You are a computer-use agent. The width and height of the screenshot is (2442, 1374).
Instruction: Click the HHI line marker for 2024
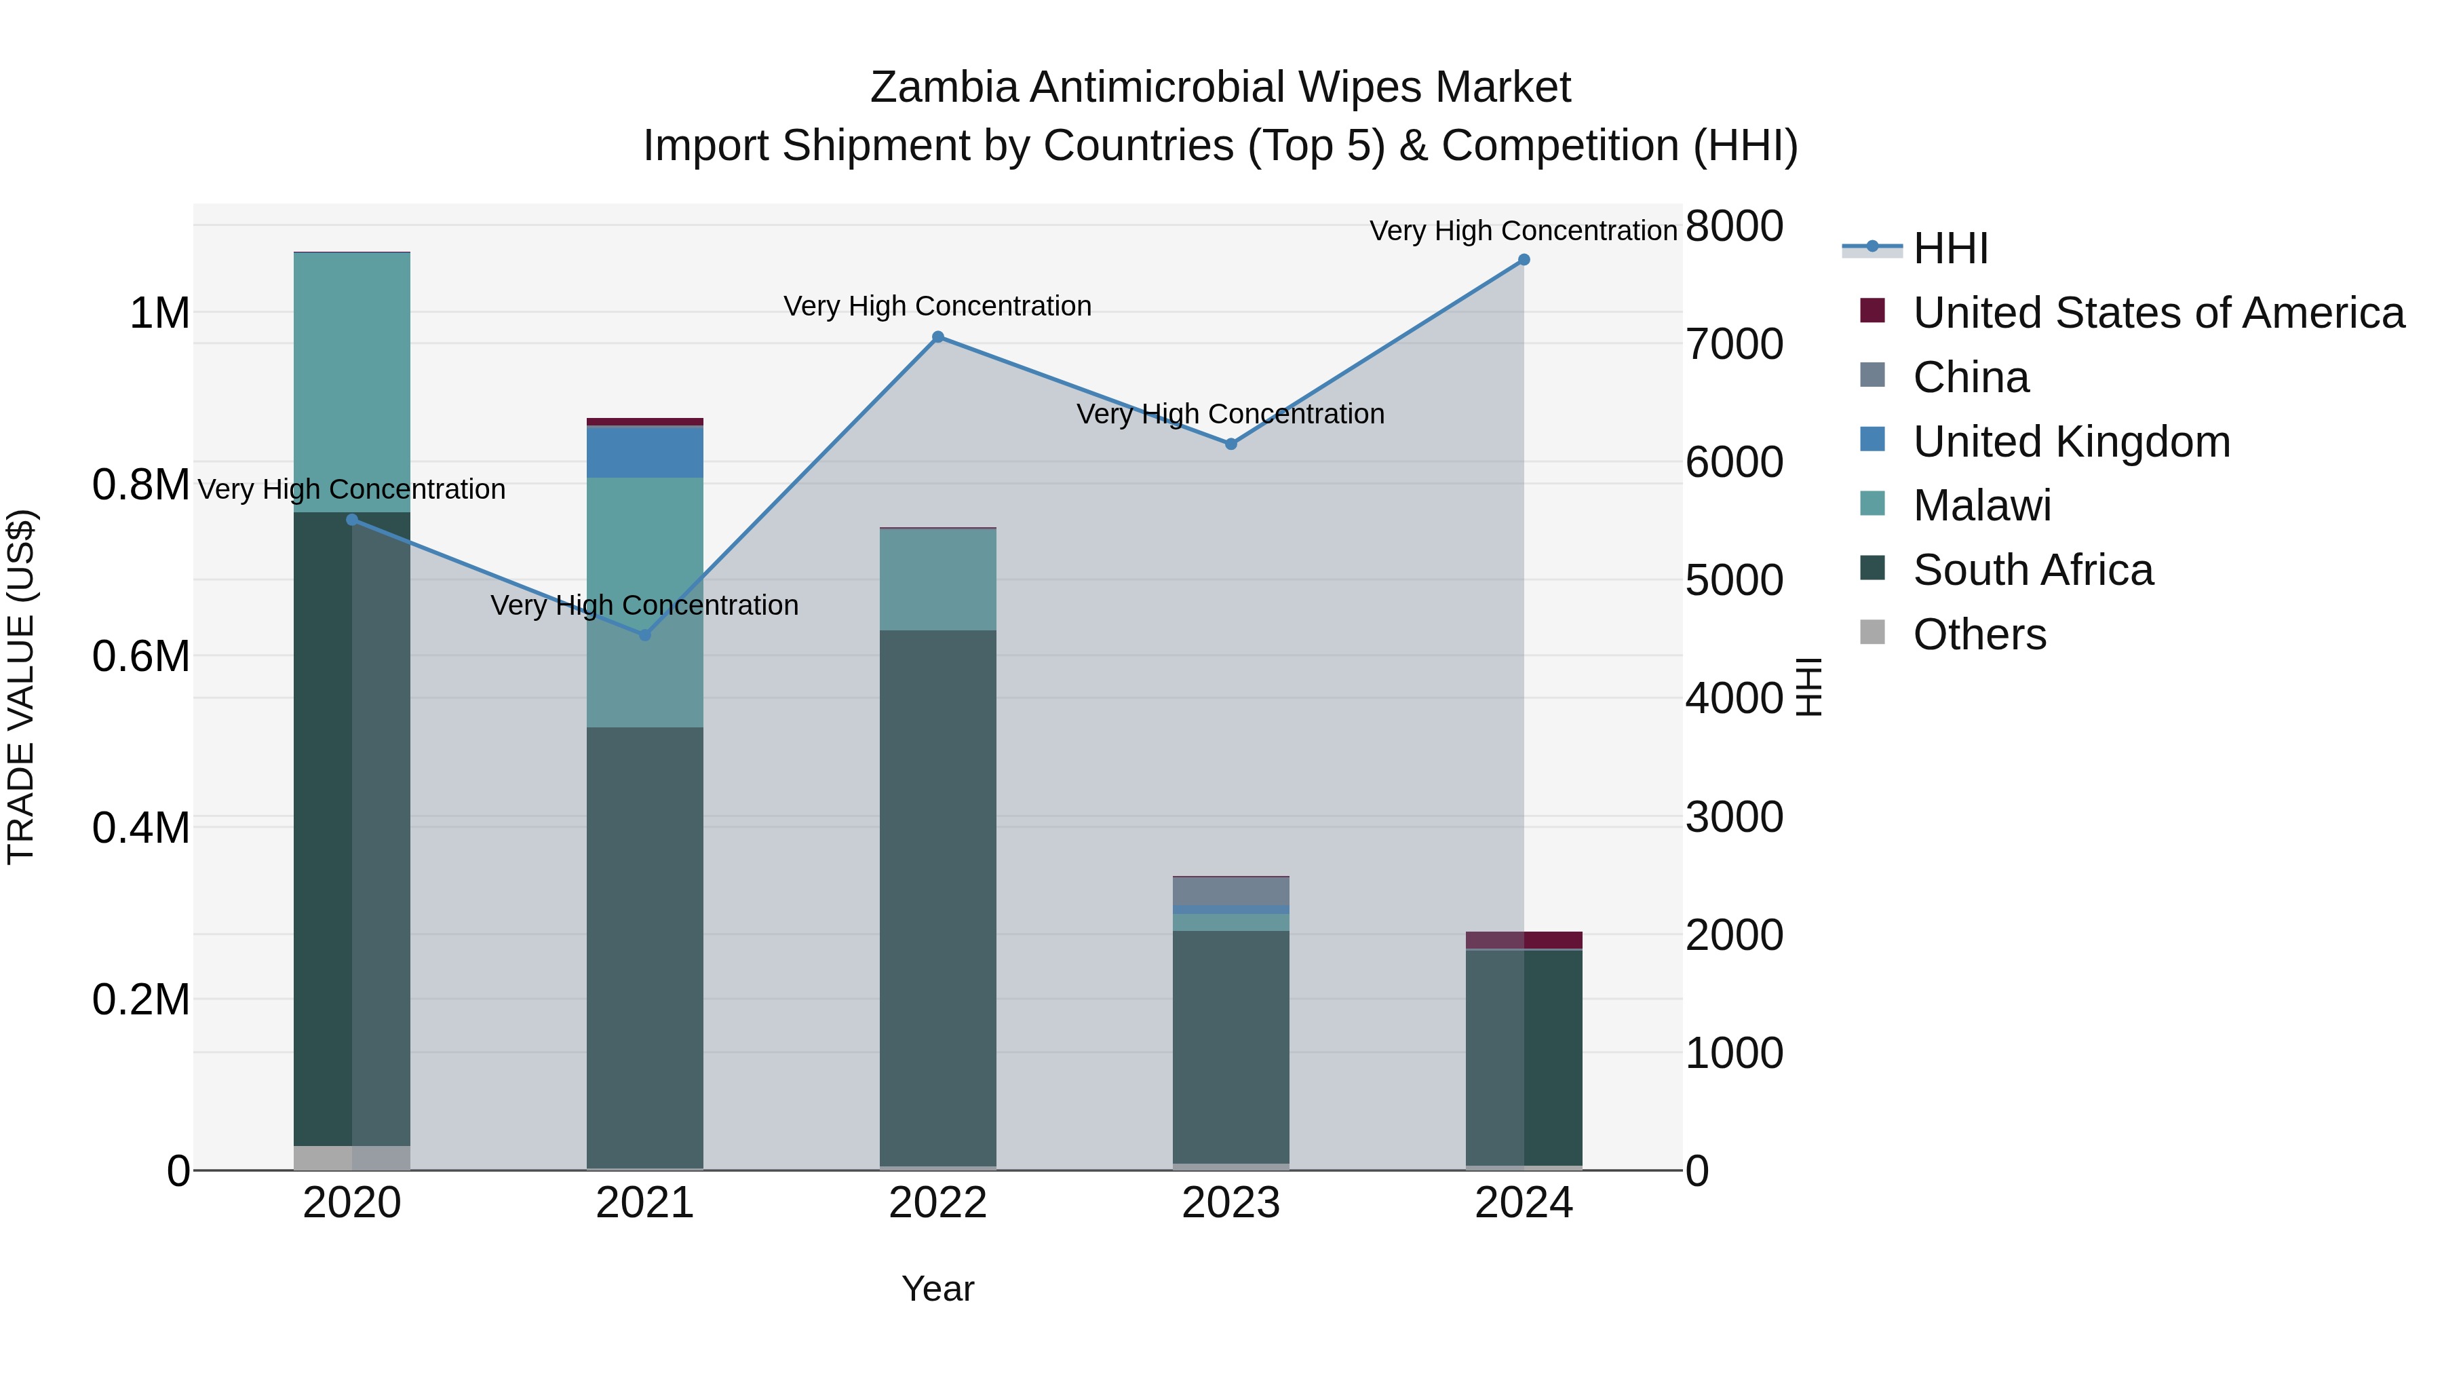point(1524,260)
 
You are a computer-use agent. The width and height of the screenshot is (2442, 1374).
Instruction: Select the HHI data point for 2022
point(937,337)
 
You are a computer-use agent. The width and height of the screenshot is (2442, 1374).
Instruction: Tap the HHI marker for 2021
point(644,635)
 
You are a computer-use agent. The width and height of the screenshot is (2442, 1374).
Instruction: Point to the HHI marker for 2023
point(1230,444)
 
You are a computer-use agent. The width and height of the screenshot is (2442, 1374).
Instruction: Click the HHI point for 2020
point(351,520)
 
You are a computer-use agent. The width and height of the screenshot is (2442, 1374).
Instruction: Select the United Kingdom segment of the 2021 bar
point(644,453)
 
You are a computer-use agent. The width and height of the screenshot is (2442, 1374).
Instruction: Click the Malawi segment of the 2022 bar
point(937,579)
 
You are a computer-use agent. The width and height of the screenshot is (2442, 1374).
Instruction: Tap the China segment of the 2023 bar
point(1230,892)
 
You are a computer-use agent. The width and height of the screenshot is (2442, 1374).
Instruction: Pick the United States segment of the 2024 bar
point(1524,940)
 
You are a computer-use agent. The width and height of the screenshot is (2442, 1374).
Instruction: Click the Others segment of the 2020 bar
point(351,1158)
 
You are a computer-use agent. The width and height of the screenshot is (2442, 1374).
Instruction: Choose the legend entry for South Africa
point(2032,570)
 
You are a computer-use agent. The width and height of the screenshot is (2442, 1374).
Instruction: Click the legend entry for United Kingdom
point(2072,442)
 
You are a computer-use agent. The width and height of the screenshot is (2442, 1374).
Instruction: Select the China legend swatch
point(1872,375)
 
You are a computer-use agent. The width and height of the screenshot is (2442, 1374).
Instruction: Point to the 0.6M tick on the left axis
point(141,656)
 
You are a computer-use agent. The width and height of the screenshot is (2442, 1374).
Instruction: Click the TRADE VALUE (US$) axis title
point(21,687)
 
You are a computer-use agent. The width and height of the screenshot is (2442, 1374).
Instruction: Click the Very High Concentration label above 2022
point(937,306)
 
